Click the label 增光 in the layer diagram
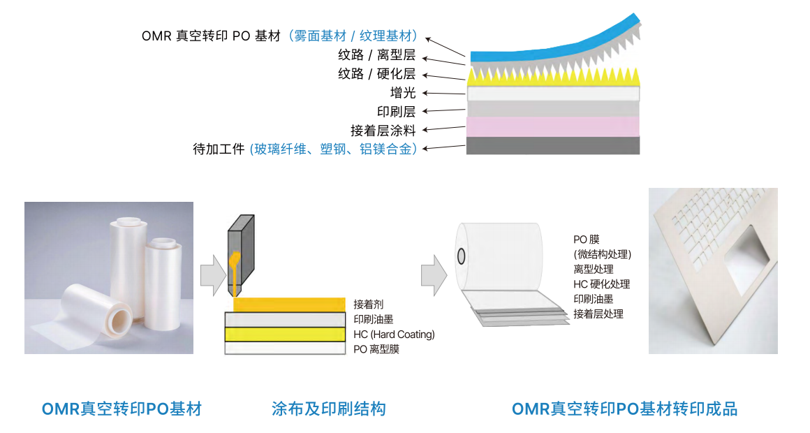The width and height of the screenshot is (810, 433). [x=403, y=93]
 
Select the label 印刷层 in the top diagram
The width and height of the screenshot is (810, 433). [x=396, y=111]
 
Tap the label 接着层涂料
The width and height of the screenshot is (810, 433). [x=383, y=130]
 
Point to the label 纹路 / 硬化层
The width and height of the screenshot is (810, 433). [x=376, y=74]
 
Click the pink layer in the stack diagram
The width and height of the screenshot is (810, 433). [x=553, y=126]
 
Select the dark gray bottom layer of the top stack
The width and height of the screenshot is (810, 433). [x=553, y=145]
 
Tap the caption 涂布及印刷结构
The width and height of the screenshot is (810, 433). [x=328, y=409]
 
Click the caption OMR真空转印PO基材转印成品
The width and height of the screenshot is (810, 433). [x=624, y=409]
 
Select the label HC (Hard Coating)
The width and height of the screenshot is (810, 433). [x=394, y=335]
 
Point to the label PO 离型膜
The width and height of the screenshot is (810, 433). [x=376, y=348]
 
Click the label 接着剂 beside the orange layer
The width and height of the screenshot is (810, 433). [x=368, y=304]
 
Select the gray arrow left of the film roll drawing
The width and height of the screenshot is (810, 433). [x=434, y=274]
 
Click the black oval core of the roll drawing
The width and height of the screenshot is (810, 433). [x=462, y=256]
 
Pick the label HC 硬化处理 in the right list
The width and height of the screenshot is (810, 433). [x=601, y=284]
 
